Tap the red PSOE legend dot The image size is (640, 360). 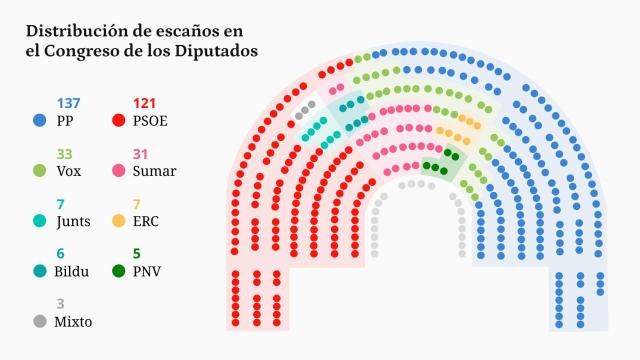pyautogui.click(x=140, y=120)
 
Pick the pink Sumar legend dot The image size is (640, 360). pyautogui.click(x=140, y=170)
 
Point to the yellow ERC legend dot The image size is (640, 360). pyautogui.click(x=140, y=220)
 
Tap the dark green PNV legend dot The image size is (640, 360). pyautogui.click(x=140, y=271)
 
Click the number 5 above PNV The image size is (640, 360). pyautogui.click(x=137, y=254)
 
